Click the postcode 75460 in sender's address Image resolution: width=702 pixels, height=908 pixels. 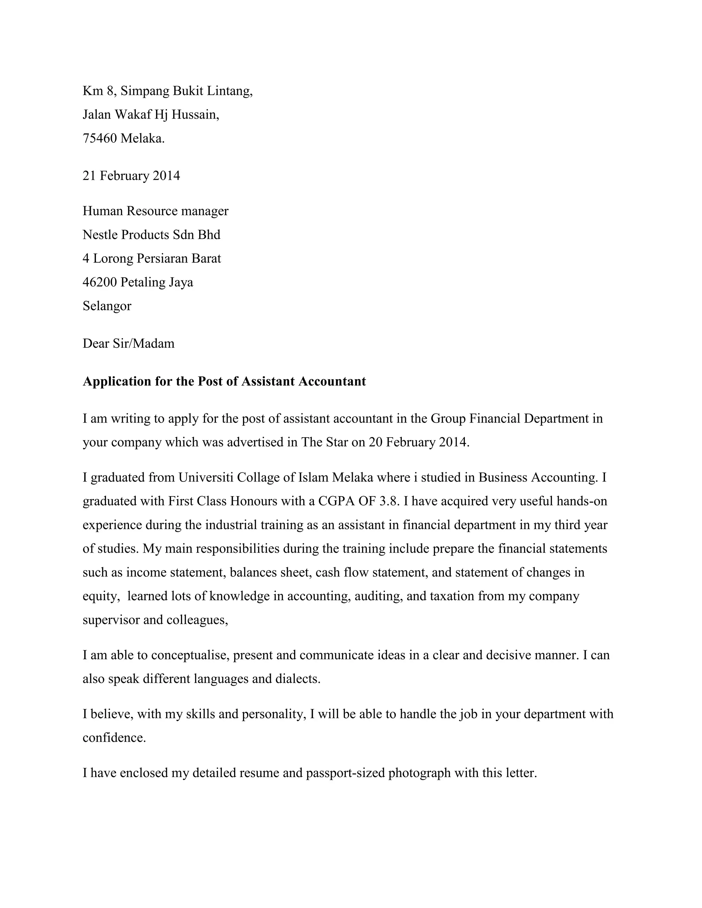point(100,138)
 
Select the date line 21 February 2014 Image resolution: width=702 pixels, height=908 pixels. point(131,175)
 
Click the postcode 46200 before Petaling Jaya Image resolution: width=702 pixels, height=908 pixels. point(100,282)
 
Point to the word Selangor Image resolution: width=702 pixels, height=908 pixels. point(107,306)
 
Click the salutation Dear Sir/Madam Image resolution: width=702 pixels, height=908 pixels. point(129,343)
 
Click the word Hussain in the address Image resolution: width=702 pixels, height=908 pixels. point(195,114)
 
